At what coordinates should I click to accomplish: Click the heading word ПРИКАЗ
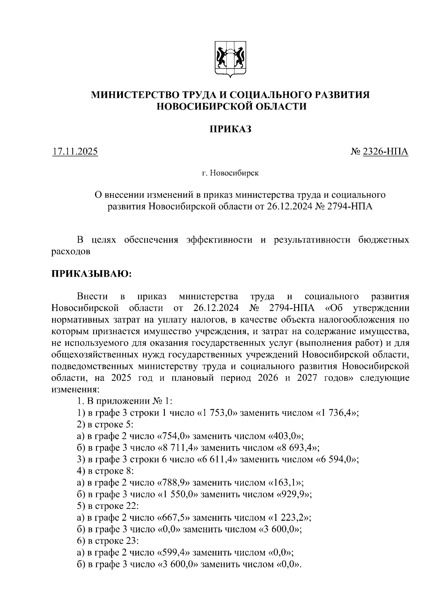click(x=230, y=129)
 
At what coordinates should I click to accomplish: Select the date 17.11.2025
click(x=75, y=152)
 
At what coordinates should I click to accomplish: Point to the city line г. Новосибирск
click(x=230, y=174)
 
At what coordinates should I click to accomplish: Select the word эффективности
click(x=219, y=240)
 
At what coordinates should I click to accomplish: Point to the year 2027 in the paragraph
click(x=307, y=378)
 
